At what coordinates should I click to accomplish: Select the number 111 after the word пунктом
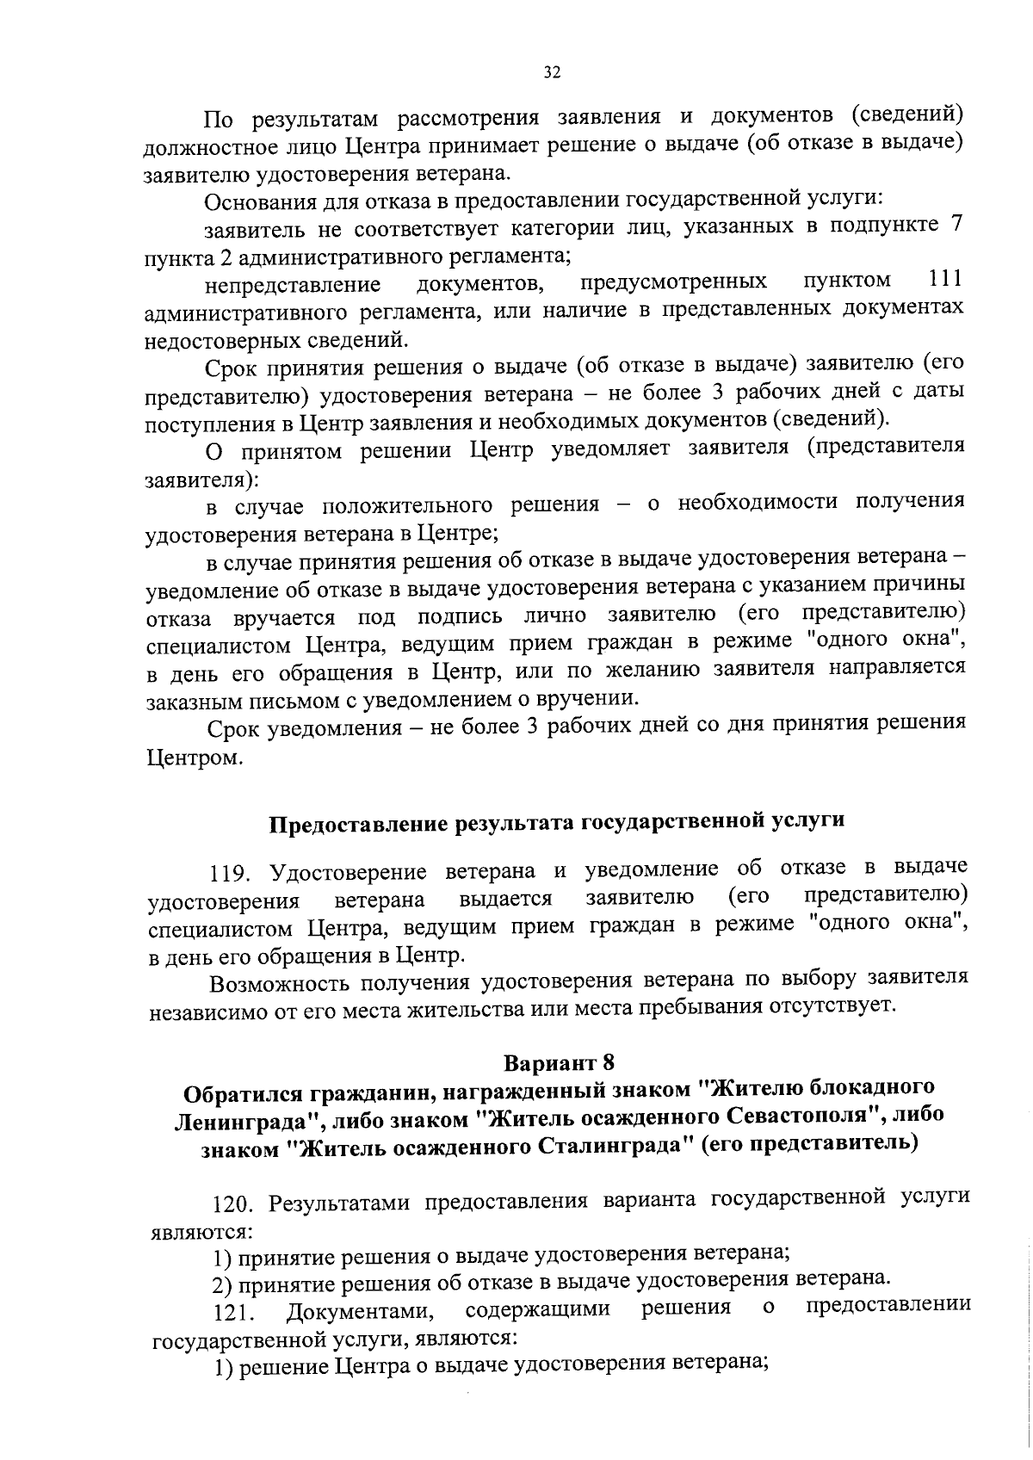[x=945, y=280]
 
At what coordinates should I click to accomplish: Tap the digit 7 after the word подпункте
[x=955, y=226]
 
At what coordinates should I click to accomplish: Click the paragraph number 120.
[x=234, y=1200]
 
